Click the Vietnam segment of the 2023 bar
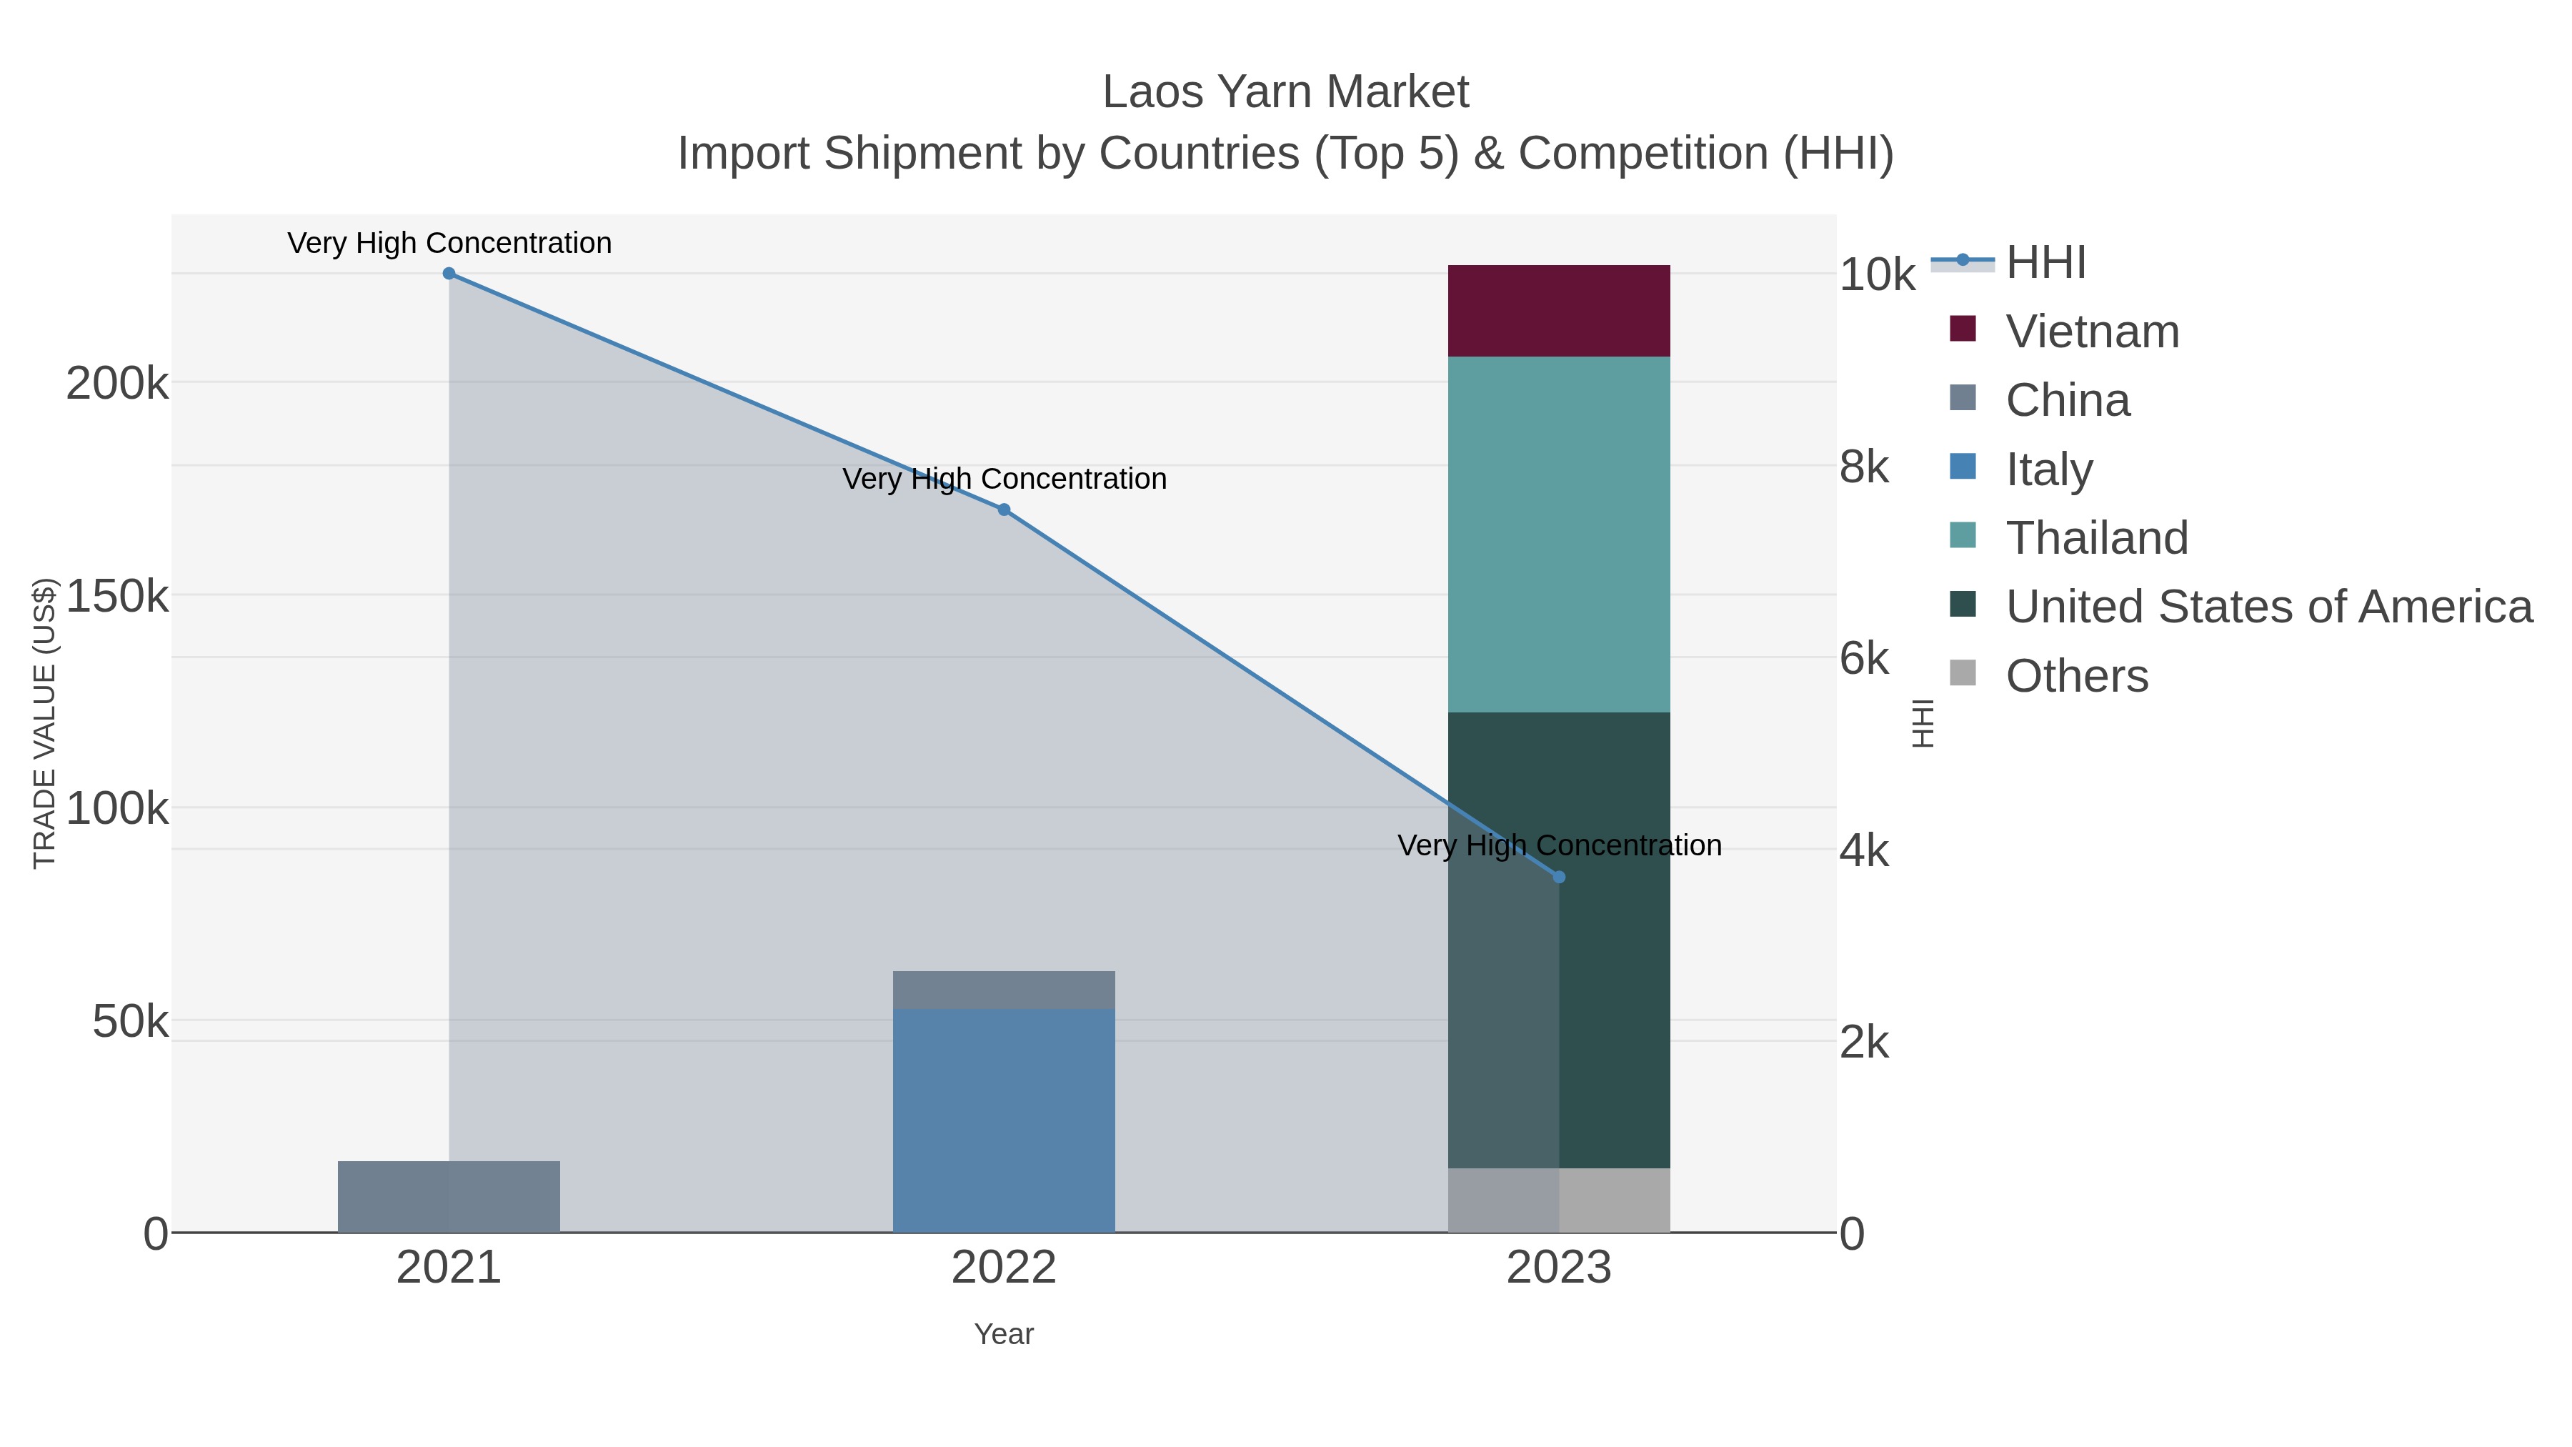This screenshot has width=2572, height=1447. [x=1559, y=311]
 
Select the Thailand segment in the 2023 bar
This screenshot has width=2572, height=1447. [x=1559, y=534]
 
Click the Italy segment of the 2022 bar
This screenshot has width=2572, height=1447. [x=1004, y=1120]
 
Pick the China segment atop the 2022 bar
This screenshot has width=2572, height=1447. [x=1004, y=990]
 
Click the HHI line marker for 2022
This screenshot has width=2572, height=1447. [x=1004, y=509]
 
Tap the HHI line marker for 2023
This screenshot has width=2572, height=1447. [x=1559, y=877]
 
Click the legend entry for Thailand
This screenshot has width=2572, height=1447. [x=2097, y=538]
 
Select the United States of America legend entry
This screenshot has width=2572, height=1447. [x=2268, y=607]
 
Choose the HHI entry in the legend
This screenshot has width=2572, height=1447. [x=2046, y=263]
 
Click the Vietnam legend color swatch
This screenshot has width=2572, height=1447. [x=1962, y=329]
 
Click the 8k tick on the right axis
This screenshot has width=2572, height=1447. [x=1864, y=467]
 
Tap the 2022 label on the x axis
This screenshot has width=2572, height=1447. [x=1004, y=1268]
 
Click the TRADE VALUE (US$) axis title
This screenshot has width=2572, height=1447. [x=45, y=723]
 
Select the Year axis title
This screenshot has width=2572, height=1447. [x=1004, y=1334]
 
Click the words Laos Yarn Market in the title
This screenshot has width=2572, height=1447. [x=1285, y=92]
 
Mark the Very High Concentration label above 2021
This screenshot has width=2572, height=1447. [x=449, y=243]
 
